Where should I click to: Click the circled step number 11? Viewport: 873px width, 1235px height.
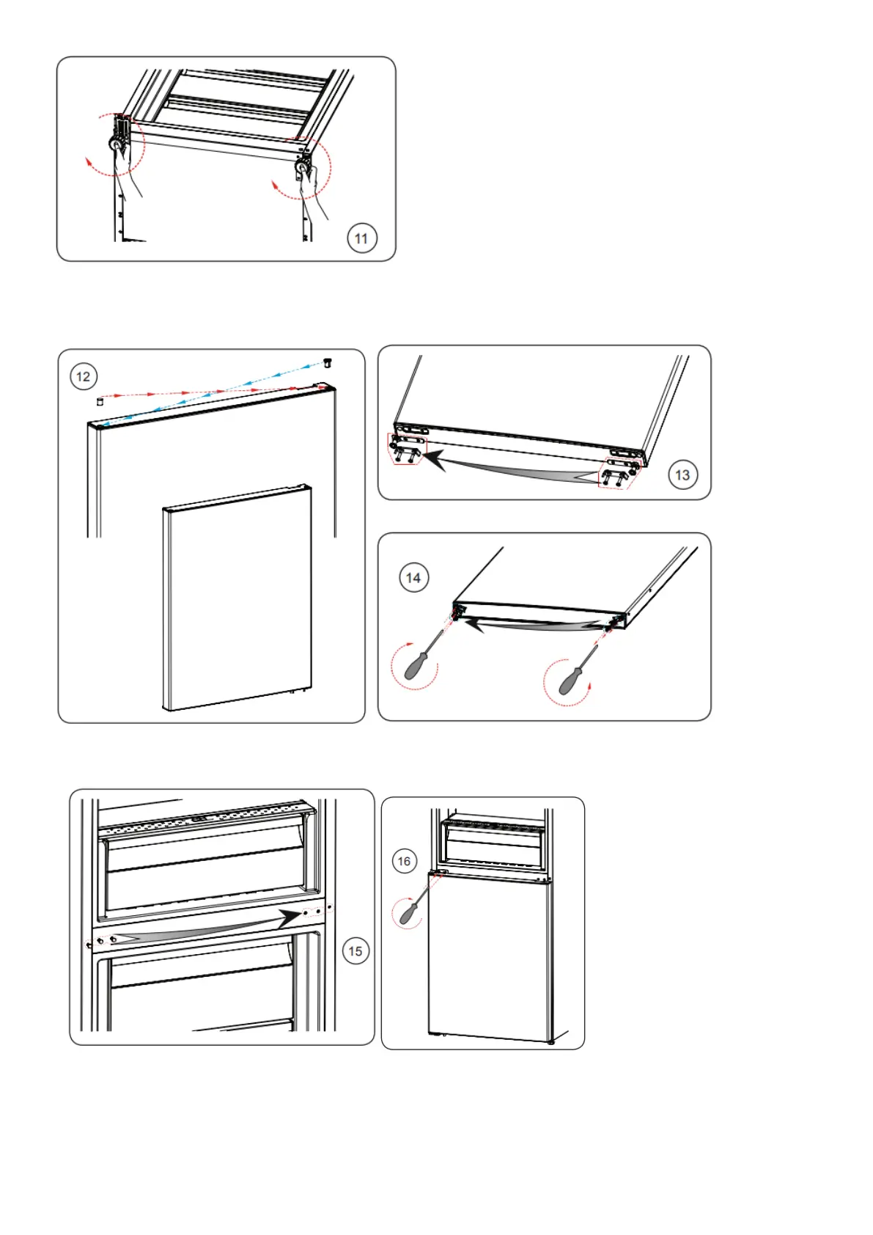pos(361,238)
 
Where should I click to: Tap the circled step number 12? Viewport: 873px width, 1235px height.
pos(84,377)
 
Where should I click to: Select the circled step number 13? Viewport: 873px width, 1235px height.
pos(682,475)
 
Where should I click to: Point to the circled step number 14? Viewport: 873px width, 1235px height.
pos(413,578)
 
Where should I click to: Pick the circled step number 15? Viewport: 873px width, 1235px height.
pos(356,951)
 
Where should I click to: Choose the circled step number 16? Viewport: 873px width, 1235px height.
pos(404,861)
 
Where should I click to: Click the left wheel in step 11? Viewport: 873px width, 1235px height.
pos(117,145)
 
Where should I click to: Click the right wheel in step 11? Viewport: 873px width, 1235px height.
pos(301,169)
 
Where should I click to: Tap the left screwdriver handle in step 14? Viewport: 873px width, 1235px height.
pos(415,664)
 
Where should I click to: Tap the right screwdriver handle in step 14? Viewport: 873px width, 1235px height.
pos(570,682)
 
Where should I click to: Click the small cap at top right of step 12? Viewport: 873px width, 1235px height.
pos(328,362)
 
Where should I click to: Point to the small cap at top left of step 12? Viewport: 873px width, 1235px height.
pos(100,401)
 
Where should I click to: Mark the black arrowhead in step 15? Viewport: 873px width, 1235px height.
pos(292,918)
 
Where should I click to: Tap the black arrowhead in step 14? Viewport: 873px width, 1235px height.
pos(475,624)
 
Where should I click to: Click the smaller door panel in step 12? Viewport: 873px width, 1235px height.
pos(236,598)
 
